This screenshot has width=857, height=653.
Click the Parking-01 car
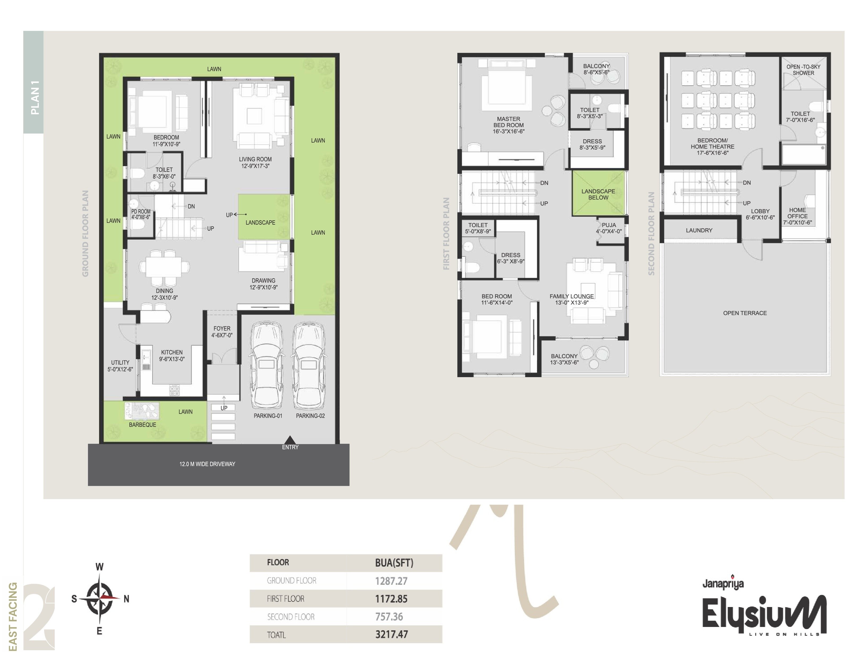pos(267,365)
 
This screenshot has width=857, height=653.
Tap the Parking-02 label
pos(310,415)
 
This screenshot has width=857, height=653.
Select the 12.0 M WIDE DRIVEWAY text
pos(207,464)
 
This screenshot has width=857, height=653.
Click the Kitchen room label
pos(172,355)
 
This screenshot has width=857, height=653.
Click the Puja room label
pos(609,228)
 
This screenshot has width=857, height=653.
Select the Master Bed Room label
pos(508,125)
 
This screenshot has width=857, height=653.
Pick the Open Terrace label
pos(745,313)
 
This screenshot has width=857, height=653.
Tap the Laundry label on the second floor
pos(699,230)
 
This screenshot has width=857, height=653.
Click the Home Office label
pos(797,216)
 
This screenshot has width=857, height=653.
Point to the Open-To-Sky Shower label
pos(803,70)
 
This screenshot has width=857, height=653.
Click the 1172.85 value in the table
pos(391,599)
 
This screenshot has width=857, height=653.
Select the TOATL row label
pos(276,635)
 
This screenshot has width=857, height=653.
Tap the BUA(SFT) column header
pos(394,562)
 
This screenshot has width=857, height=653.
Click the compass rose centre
pos(100,598)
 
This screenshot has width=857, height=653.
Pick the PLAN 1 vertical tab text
pos(35,97)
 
